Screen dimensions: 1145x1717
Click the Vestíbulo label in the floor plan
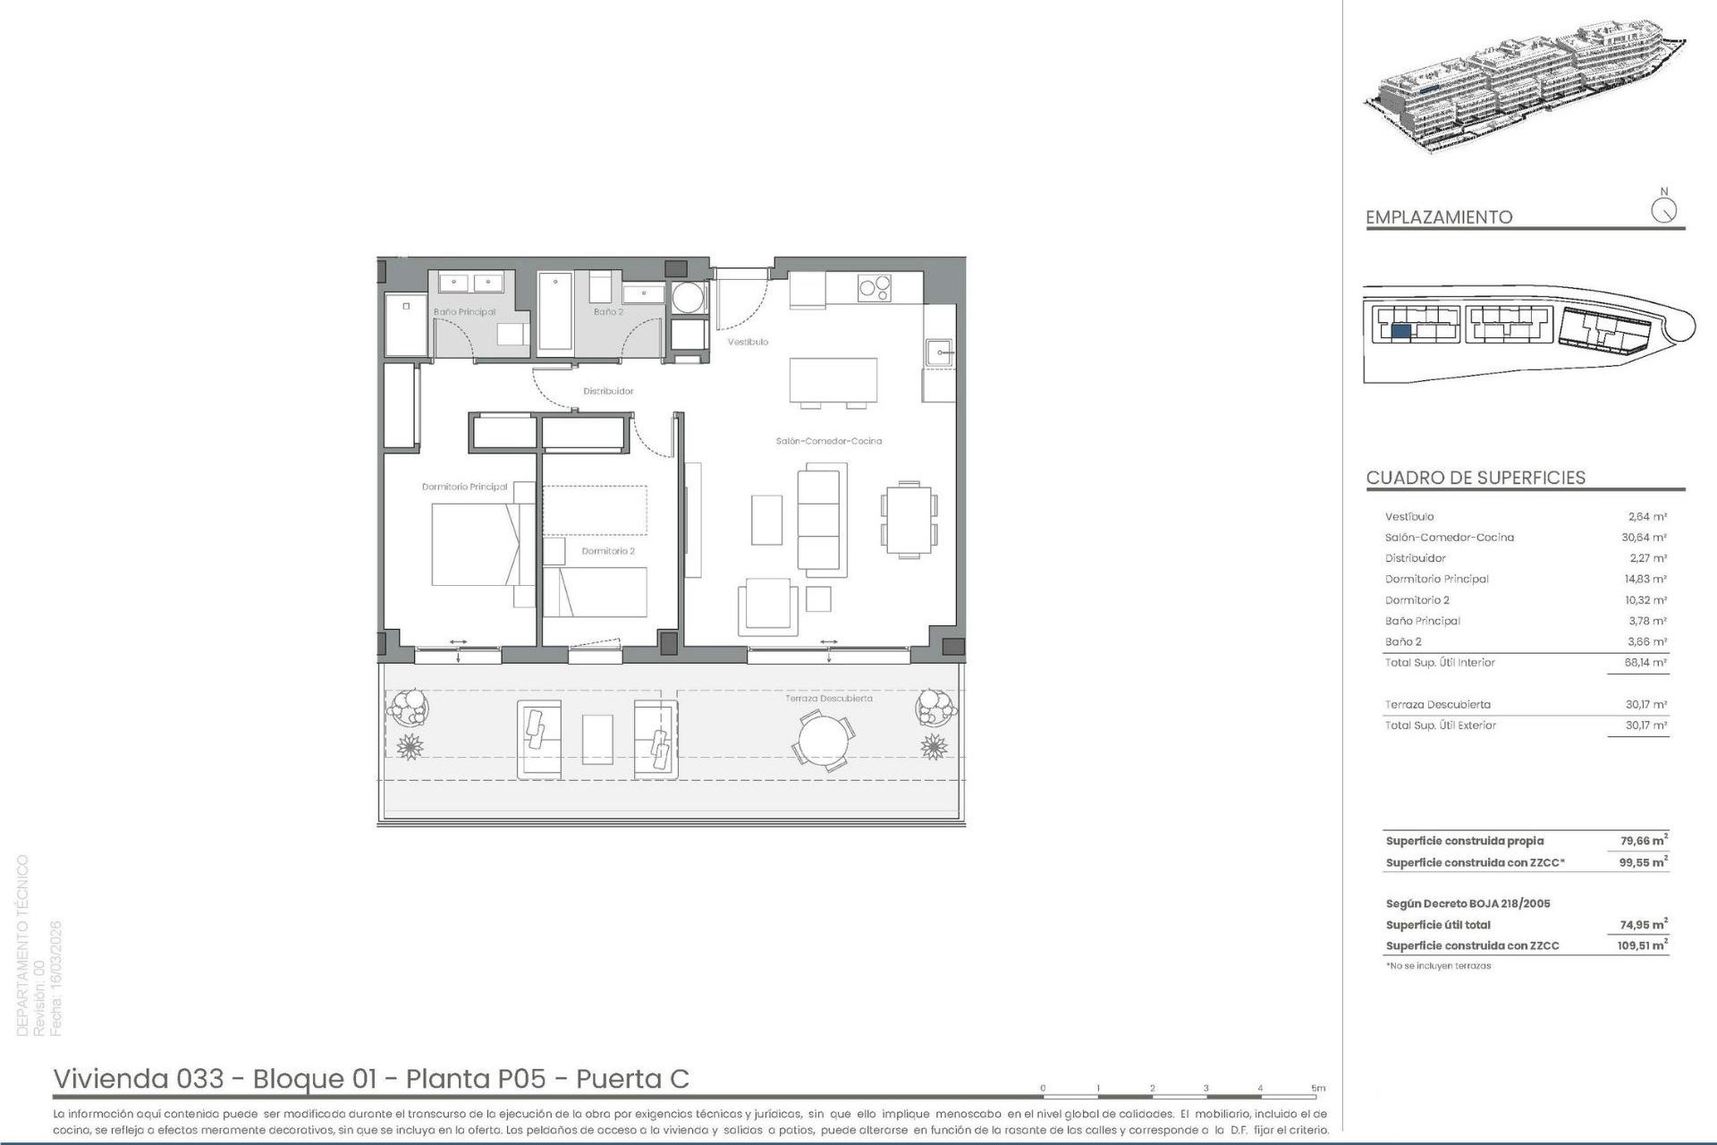point(748,342)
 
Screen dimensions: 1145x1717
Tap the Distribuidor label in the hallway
point(608,391)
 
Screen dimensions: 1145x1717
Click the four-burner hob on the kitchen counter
point(874,288)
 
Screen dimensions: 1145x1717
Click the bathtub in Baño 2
point(555,311)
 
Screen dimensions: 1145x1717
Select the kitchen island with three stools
point(833,380)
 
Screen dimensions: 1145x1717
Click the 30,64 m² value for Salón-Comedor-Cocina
point(1644,538)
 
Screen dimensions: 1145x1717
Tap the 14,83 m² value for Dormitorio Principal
point(1645,579)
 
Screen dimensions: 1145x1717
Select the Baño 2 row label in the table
point(1403,641)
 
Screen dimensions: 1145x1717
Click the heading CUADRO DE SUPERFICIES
point(1476,478)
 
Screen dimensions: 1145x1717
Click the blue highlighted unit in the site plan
point(1401,331)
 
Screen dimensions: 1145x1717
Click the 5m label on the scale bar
point(1318,1089)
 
